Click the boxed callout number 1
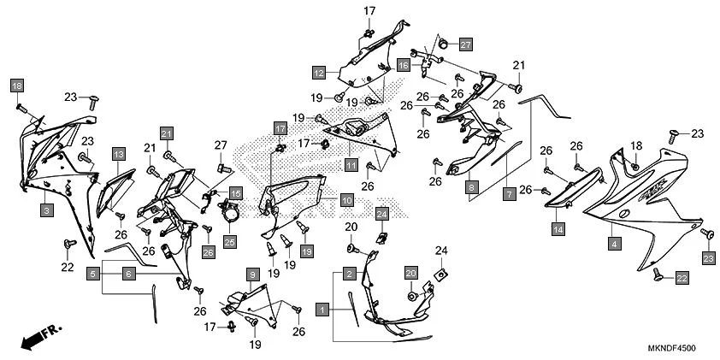click(x=322, y=307)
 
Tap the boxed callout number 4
click(x=613, y=245)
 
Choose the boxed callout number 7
click(x=508, y=196)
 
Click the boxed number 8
click(x=471, y=186)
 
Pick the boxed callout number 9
click(x=252, y=274)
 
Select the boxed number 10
click(x=346, y=200)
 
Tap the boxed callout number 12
click(x=317, y=73)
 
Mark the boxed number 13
click(x=119, y=154)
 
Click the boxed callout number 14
click(x=558, y=228)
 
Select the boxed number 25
click(x=229, y=242)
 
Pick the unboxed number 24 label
click(x=441, y=251)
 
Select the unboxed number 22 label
click(x=68, y=268)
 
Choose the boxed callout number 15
click(x=235, y=194)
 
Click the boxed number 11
click(x=351, y=163)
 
